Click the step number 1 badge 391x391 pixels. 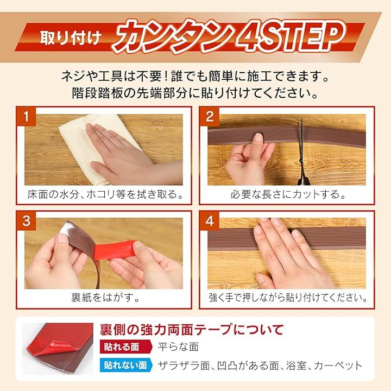point(26,116)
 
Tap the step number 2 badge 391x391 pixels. point(210,116)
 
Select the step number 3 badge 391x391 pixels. point(26,220)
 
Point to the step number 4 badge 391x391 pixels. point(210,220)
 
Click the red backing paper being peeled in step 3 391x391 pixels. point(115,250)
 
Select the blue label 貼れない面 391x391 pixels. point(126,365)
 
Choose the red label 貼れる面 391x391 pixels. point(126,346)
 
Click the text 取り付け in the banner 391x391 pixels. point(71,38)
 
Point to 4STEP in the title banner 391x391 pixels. point(291,37)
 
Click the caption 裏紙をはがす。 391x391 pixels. point(105,298)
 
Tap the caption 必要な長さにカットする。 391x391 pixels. point(288,194)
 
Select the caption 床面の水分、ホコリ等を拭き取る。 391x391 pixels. point(105,194)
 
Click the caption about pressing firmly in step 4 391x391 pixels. point(288,298)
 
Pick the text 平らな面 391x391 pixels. point(178,346)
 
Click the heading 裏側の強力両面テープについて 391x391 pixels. point(192,330)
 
